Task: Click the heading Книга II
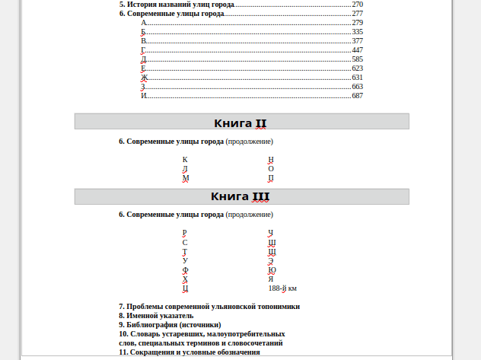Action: click(240, 123)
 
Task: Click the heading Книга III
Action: click(240, 196)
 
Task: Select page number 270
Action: click(357, 5)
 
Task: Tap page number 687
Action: click(357, 96)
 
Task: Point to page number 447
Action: click(357, 50)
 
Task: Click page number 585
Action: click(357, 59)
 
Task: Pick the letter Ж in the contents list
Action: click(144, 78)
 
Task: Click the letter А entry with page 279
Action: click(144, 23)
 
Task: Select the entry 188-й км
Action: click(282, 288)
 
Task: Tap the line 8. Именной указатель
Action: click(156, 315)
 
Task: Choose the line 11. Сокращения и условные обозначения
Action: click(190, 352)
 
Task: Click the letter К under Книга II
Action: click(185, 160)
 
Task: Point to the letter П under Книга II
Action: click(271, 178)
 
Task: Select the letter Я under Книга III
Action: click(271, 279)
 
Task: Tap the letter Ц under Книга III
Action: click(185, 288)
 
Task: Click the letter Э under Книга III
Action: click(271, 261)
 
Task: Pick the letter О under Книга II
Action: click(271, 169)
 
